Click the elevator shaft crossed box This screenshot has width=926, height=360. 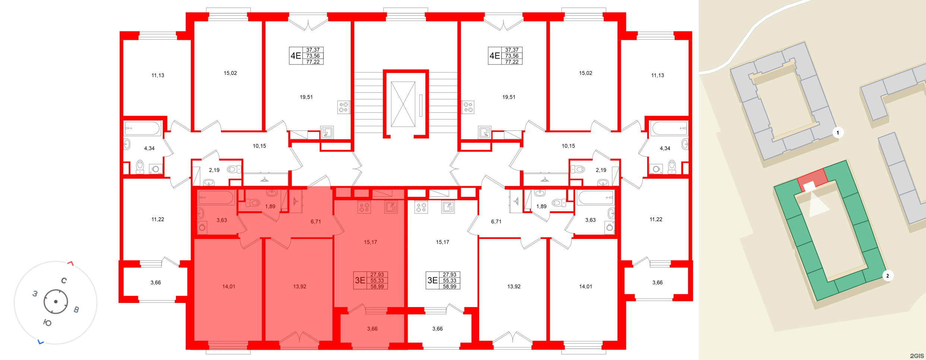tap(403, 104)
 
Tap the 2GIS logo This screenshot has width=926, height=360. tap(917, 356)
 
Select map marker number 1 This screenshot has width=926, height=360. tap(838, 133)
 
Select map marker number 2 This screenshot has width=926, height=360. tap(887, 276)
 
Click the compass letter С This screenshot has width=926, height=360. tap(64, 281)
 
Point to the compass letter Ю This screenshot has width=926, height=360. tap(47, 323)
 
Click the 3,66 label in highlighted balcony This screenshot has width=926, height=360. tap(372, 329)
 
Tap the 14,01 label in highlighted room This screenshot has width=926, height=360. tap(228, 287)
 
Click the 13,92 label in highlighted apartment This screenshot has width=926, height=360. tap(300, 287)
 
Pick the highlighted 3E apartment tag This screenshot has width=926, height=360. tap(371, 281)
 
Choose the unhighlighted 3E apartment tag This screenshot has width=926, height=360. tap(443, 281)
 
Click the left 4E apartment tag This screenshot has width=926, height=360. tap(306, 56)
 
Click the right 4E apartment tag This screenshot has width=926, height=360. tap(505, 56)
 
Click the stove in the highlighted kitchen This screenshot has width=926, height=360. tap(364, 207)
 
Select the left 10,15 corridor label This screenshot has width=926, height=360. tap(259, 146)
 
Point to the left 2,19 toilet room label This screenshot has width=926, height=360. tap(214, 170)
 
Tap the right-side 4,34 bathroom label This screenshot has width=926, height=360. tap(665, 148)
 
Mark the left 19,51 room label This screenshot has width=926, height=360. tap(306, 97)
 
